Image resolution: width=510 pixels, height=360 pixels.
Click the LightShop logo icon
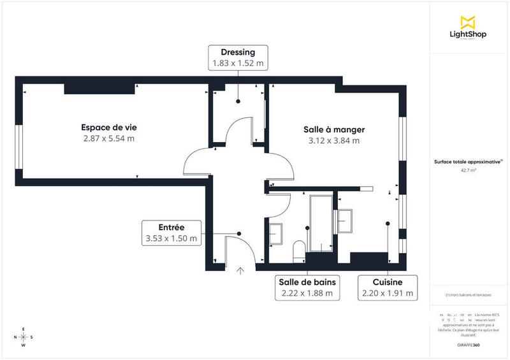(x=469, y=20)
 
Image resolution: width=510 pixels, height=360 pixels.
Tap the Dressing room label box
(x=238, y=57)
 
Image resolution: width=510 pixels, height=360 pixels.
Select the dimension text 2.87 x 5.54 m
(x=108, y=138)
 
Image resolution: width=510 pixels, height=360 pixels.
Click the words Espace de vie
(x=108, y=127)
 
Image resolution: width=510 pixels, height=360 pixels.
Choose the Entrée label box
(x=171, y=233)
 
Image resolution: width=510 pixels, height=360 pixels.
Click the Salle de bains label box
(x=307, y=287)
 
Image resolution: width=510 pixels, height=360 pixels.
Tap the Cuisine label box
(x=388, y=287)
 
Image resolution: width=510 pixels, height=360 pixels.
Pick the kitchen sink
(x=346, y=220)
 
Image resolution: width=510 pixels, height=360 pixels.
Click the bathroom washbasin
(x=276, y=234)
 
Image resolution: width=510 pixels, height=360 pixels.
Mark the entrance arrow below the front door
(x=240, y=271)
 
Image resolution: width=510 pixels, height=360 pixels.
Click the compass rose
(x=24, y=337)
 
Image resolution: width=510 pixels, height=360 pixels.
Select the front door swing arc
(x=249, y=250)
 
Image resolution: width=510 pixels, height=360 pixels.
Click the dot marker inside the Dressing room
(x=238, y=101)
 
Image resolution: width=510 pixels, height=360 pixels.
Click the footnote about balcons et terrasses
(x=469, y=295)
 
